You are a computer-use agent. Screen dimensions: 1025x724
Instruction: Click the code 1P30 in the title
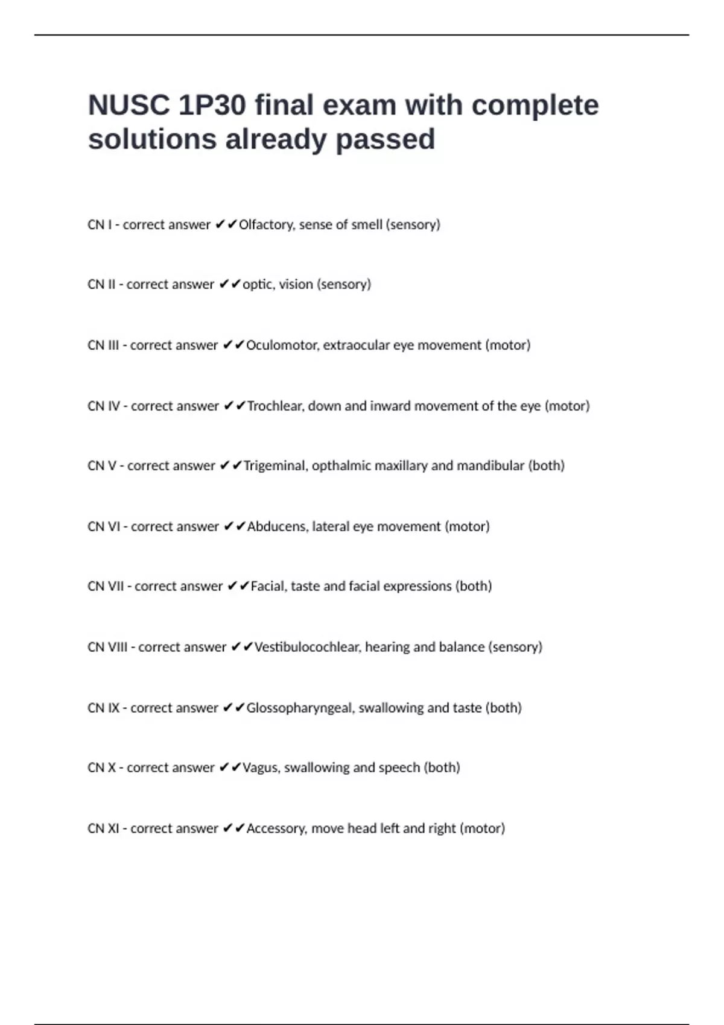[212, 106]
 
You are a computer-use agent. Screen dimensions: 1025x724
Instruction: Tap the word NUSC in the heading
[129, 106]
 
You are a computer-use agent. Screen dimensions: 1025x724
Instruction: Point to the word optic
[258, 285]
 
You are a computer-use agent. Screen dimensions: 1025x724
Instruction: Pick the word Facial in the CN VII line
[267, 587]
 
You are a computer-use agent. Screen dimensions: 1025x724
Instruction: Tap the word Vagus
[260, 768]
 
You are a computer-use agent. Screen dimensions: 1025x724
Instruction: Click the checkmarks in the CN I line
[226, 225]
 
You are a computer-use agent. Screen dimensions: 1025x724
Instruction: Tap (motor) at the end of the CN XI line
[482, 829]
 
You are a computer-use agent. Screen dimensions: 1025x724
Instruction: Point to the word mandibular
[491, 466]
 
